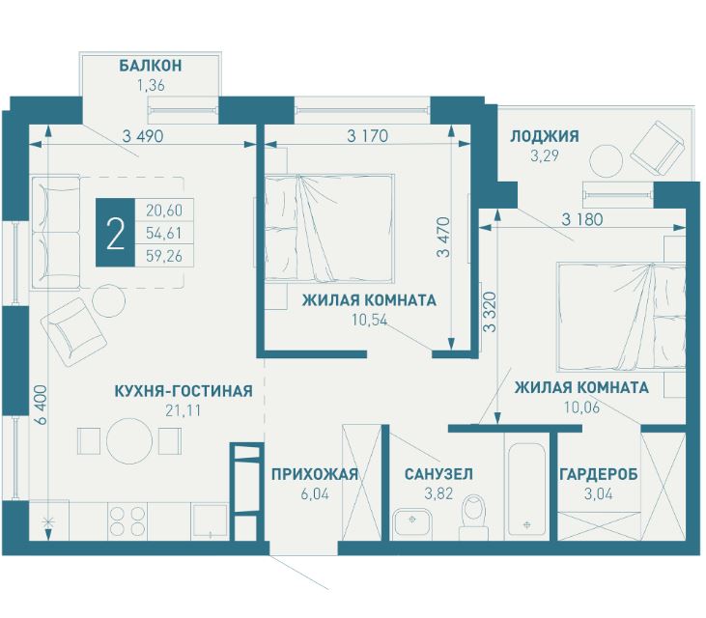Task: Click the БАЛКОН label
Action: pyautogui.click(x=151, y=66)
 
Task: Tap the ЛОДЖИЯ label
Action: pyautogui.click(x=544, y=136)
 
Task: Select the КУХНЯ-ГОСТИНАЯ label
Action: pyautogui.click(x=183, y=391)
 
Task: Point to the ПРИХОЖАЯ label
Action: pyautogui.click(x=315, y=474)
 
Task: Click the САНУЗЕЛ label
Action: pyautogui.click(x=438, y=474)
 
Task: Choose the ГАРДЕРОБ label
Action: pyautogui.click(x=599, y=474)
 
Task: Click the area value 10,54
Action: pyautogui.click(x=369, y=319)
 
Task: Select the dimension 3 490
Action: pyautogui.click(x=142, y=136)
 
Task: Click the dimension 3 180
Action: pyautogui.click(x=581, y=219)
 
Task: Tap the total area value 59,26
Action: pyautogui.click(x=164, y=255)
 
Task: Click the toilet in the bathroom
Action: pyautogui.click(x=473, y=514)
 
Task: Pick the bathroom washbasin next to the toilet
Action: pyautogui.click(x=412, y=522)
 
